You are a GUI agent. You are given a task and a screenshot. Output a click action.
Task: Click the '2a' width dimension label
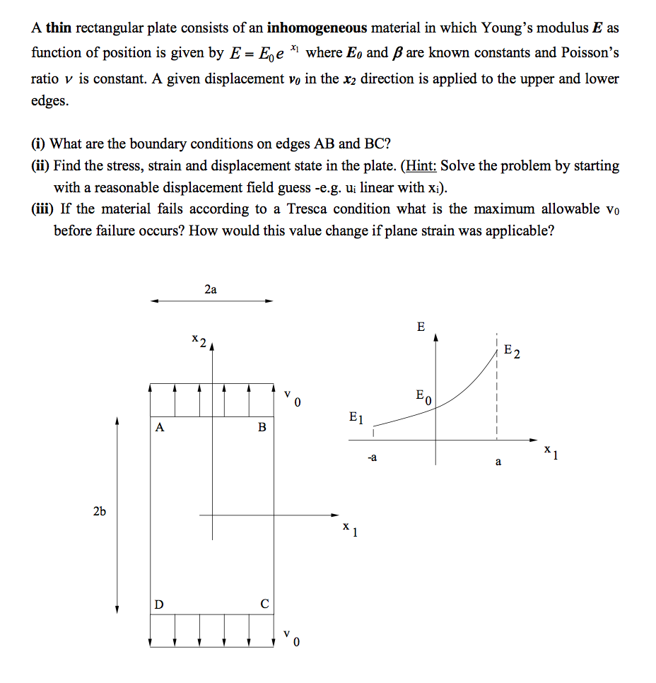pyautogui.click(x=210, y=289)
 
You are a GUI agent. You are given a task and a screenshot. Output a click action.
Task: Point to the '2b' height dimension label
pyautogui.click(x=99, y=511)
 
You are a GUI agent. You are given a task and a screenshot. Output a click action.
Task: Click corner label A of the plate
pyautogui.click(x=160, y=428)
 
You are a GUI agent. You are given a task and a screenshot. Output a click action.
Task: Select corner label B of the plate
pyautogui.click(x=262, y=428)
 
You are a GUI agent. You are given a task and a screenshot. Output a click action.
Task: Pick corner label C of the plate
pyautogui.click(x=264, y=605)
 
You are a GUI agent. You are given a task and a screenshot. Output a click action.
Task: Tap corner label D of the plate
pyautogui.click(x=160, y=605)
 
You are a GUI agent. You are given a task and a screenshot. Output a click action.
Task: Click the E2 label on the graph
pyautogui.click(x=512, y=351)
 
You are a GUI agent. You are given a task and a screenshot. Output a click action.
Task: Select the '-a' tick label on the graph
pyautogui.click(x=372, y=458)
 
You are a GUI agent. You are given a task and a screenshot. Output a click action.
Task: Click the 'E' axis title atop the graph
pyautogui.click(x=421, y=327)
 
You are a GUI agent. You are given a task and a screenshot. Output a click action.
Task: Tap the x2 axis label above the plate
pyautogui.click(x=198, y=341)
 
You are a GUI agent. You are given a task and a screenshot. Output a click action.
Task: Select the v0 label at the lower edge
pyautogui.click(x=292, y=638)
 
